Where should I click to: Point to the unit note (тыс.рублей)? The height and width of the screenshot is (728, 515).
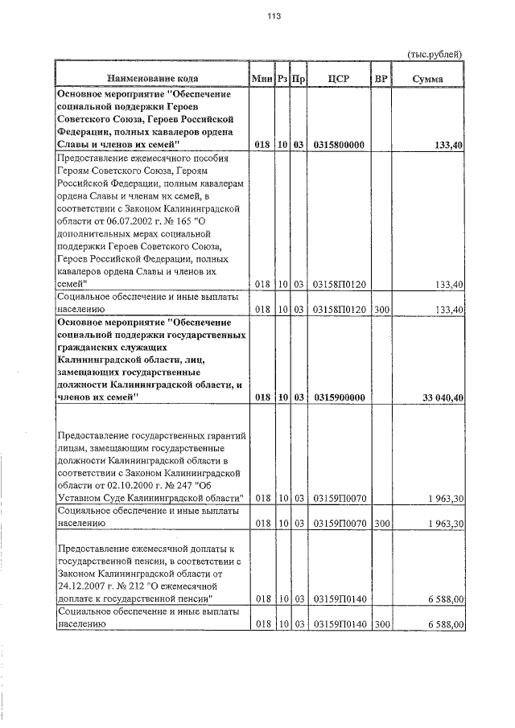click(435, 54)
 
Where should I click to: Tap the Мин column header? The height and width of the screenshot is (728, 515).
click(262, 79)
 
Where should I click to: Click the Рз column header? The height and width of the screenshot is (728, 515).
click(282, 79)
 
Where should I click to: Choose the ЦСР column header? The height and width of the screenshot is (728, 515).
click(338, 79)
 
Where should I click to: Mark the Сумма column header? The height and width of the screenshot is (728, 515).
click(427, 79)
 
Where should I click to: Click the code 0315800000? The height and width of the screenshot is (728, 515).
click(339, 145)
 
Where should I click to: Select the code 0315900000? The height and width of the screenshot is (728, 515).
click(339, 397)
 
